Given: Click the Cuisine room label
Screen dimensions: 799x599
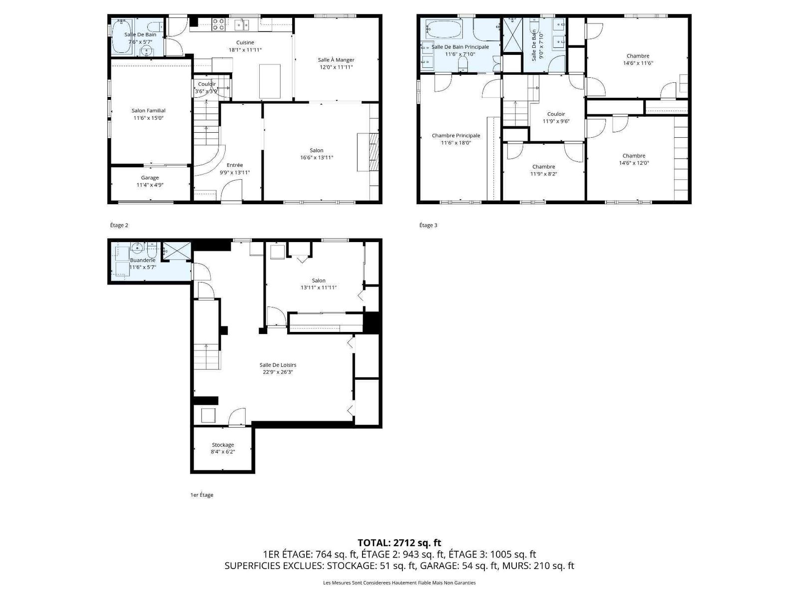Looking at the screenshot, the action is [x=245, y=42].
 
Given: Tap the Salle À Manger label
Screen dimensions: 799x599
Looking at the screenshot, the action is [x=336, y=59].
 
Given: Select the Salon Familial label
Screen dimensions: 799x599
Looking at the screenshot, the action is [x=148, y=110].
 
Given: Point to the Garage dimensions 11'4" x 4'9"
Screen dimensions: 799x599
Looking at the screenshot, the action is [x=150, y=185].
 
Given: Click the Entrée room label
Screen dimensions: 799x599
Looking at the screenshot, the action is [x=235, y=165].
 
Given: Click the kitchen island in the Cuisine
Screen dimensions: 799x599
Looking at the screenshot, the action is [x=270, y=81].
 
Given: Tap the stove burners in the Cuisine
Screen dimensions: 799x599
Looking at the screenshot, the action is [x=218, y=24].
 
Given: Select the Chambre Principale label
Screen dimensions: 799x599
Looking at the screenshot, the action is [x=456, y=136].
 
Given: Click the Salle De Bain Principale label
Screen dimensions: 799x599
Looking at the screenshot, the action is [x=460, y=47].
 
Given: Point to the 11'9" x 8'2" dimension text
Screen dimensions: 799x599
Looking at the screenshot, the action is [x=543, y=174].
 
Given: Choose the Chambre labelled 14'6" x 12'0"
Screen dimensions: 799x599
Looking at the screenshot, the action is [x=634, y=156].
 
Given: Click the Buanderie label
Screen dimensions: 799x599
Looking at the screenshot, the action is [x=143, y=261].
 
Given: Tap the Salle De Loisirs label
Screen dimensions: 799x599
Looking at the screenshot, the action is [x=278, y=365].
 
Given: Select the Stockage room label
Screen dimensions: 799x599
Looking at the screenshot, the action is [x=223, y=445].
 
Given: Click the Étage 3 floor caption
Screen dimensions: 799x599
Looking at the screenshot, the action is [x=428, y=225].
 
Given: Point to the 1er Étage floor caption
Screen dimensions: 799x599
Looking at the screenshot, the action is [x=202, y=495].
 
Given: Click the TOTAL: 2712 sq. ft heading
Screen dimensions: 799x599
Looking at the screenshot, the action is [x=399, y=543].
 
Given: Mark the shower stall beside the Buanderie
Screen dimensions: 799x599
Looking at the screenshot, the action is [x=177, y=251].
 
